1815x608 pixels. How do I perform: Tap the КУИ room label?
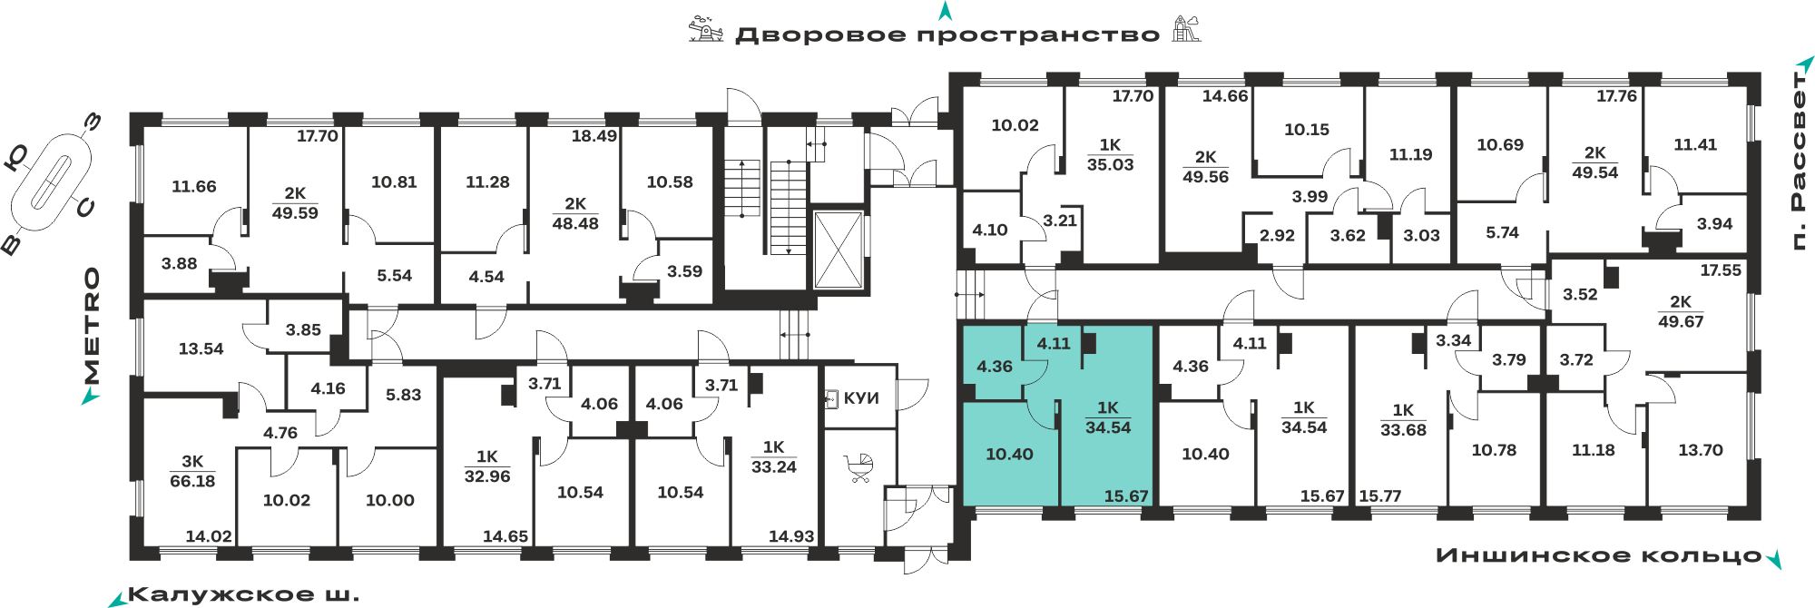pyautogui.click(x=861, y=398)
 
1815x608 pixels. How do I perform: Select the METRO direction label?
pyautogui.click(x=92, y=326)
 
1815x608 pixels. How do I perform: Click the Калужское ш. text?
pyautogui.click(x=243, y=595)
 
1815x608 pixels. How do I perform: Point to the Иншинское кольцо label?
pyautogui.click(x=1599, y=555)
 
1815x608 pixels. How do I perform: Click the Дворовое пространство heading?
pyautogui.click(x=947, y=35)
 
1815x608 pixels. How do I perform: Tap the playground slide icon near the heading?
pyautogui.click(x=1186, y=29)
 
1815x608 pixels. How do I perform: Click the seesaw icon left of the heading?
pyautogui.click(x=706, y=29)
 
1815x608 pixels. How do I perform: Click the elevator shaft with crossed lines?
pyautogui.click(x=838, y=250)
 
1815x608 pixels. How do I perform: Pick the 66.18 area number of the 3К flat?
pyautogui.click(x=192, y=481)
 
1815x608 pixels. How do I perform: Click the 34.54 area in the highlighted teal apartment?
pyautogui.click(x=1108, y=427)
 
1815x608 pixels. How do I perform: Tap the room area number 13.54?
pyautogui.click(x=201, y=348)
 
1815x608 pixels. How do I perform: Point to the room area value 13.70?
pyautogui.click(x=1700, y=450)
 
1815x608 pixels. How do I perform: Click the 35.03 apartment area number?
pyautogui.click(x=1111, y=164)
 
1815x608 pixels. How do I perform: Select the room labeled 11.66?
pyautogui.click(x=194, y=186)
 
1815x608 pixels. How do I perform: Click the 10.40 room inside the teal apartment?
pyautogui.click(x=1009, y=454)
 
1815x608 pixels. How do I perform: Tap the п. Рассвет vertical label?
pyautogui.click(x=1799, y=160)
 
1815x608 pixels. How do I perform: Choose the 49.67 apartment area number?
pyautogui.click(x=1681, y=321)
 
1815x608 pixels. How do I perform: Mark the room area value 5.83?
pyautogui.click(x=404, y=395)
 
